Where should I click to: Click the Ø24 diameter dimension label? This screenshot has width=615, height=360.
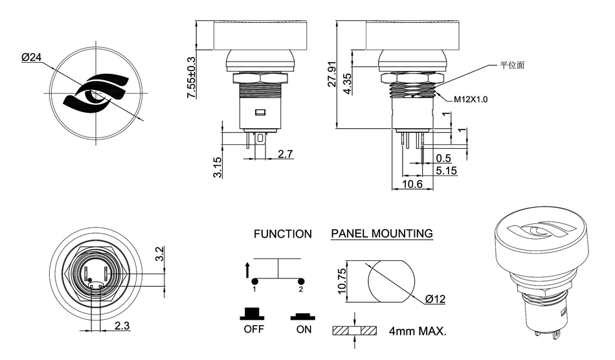[x=31, y=58]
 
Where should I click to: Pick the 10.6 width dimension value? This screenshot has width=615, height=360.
[x=412, y=185]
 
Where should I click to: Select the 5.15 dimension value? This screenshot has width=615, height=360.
[x=445, y=171]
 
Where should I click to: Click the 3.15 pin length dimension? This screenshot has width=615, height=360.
[x=218, y=167]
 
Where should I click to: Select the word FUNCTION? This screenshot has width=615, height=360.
[x=282, y=234]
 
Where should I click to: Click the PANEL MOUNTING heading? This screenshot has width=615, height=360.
[x=382, y=234]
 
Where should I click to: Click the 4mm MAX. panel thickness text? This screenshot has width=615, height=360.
[x=418, y=331]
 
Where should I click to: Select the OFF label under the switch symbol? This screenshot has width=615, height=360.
[x=254, y=329]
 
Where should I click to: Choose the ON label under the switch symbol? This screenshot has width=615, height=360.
[x=302, y=329]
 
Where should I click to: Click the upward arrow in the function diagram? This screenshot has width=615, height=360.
[x=247, y=269]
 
